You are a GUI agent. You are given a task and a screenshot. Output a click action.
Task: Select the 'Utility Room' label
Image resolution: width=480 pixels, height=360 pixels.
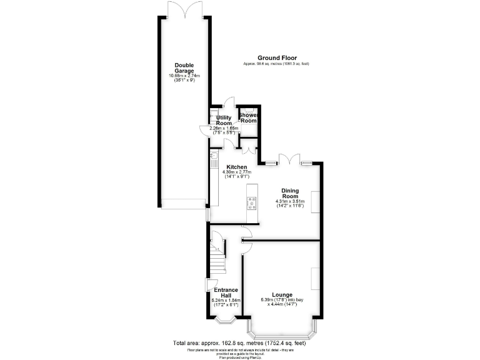click(224, 120)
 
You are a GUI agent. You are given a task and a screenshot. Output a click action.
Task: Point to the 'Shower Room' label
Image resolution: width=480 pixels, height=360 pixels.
click(249, 117)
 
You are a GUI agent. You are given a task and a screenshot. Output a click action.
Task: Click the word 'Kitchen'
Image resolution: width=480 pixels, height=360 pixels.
click(237, 167)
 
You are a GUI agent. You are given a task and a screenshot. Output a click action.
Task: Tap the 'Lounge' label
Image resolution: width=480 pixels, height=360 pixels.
click(282, 294)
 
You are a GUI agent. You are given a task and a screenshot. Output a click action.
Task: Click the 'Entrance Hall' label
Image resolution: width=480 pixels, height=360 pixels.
click(226, 292)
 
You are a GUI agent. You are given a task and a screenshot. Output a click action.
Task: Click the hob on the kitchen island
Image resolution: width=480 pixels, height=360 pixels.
click(252, 202)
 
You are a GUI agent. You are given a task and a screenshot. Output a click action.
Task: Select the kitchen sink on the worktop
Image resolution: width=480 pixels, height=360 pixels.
click(213, 156)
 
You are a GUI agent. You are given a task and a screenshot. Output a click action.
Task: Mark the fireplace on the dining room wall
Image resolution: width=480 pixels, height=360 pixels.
click(316, 201)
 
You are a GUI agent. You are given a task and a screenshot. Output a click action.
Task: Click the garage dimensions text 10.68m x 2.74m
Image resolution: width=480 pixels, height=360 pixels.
click(184, 76)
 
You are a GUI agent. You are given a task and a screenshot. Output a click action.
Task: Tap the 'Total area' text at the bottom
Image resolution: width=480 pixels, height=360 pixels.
click(239, 342)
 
